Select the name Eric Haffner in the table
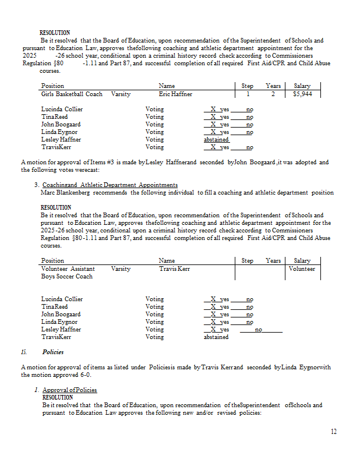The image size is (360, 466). [x=175, y=94]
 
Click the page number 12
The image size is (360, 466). [x=333, y=432]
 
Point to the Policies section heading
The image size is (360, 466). [x=53, y=352]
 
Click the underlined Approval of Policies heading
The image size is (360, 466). [x=70, y=390]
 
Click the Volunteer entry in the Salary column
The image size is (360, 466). [x=302, y=269]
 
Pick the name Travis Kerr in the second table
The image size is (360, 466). [x=174, y=269]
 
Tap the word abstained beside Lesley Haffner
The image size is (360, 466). [x=216, y=140]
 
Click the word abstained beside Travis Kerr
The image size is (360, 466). [x=216, y=337]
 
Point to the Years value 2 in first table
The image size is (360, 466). [x=273, y=94]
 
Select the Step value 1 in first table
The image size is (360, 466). [x=248, y=94]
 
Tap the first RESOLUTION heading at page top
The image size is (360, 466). [x=55, y=33]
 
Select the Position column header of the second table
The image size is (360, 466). [x=53, y=261]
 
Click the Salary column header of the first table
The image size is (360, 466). [x=302, y=86]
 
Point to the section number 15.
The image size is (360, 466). [x=24, y=352]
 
